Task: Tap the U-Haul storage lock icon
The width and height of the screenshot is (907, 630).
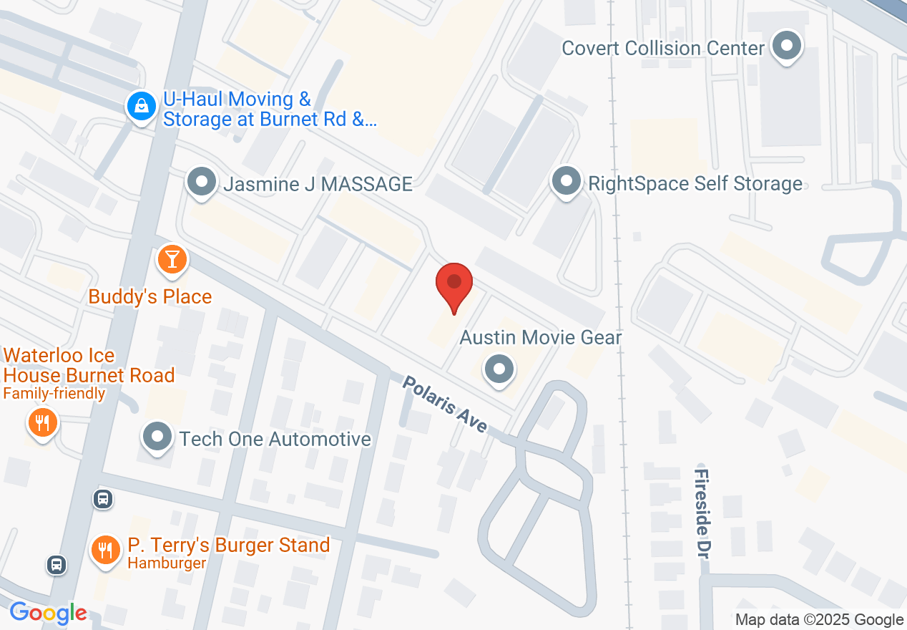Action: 142,107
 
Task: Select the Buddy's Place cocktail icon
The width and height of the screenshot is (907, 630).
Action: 172,259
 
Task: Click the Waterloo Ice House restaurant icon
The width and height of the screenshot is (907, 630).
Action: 43,422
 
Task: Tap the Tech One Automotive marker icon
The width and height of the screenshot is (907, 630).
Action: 157,437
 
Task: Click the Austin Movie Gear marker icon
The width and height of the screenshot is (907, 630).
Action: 499,370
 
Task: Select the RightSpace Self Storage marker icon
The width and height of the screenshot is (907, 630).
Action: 567,182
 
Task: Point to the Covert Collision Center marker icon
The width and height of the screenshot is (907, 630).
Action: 787,47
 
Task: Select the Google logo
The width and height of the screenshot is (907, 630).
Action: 49,613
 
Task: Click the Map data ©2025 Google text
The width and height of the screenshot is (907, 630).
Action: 819,620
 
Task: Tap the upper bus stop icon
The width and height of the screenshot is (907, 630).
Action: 103,498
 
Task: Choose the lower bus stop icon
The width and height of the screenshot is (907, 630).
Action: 57,565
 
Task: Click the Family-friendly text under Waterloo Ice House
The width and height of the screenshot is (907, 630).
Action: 54,393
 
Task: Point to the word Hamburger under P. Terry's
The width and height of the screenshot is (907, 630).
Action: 167,563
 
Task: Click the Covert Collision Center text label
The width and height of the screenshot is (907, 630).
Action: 663,48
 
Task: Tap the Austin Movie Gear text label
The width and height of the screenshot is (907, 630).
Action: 541,337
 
